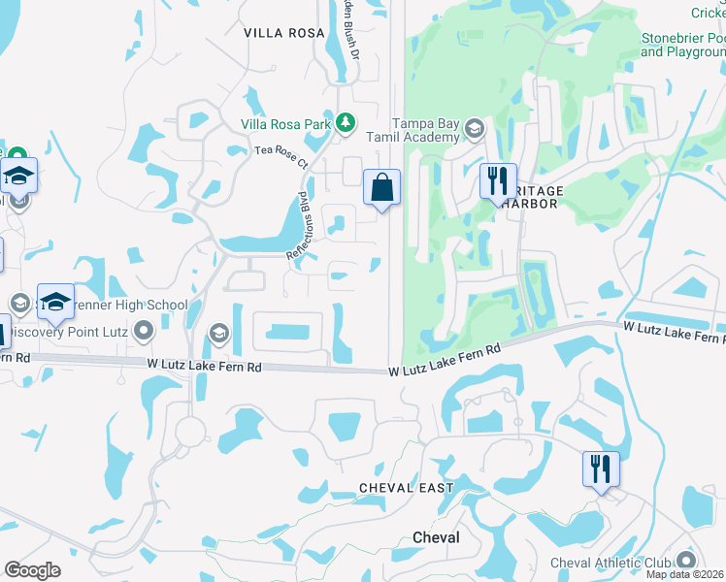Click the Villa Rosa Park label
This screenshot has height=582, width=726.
pyautogui.click(x=287, y=124)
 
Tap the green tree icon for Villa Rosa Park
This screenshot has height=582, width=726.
pyautogui.click(x=346, y=123)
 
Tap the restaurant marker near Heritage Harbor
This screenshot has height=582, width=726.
pyautogui.click(x=498, y=180)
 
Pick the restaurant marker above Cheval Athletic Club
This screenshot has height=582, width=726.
pyautogui.click(x=601, y=469)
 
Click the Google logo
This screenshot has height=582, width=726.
pyautogui.click(x=32, y=570)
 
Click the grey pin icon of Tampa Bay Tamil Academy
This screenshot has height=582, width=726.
pyautogui.click(x=475, y=128)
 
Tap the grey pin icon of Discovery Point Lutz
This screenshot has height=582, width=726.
pyautogui.click(x=144, y=332)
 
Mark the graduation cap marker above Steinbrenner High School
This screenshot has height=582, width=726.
pyautogui.click(x=55, y=301)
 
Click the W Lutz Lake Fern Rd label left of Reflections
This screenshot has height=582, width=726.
pyautogui.click(x=205, y=366)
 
